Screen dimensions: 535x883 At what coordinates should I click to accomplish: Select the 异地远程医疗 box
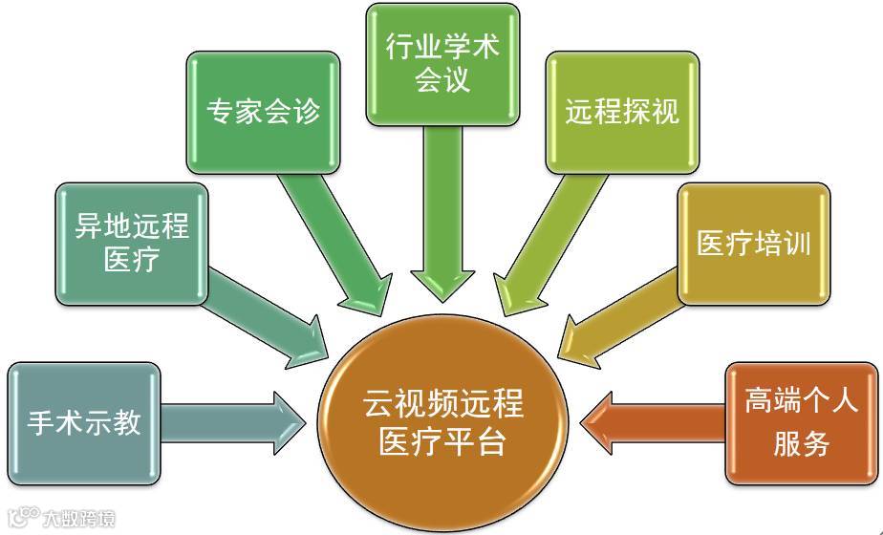pos(132,244)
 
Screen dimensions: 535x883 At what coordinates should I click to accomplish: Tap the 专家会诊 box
pos(263,111)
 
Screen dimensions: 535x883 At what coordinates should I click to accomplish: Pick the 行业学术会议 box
pos(442,63)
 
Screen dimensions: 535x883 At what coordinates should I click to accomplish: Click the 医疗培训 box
pos(753,244)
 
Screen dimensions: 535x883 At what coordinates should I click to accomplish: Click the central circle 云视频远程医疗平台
pos(443,422)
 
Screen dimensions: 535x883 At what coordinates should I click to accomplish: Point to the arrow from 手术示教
pos(225,422)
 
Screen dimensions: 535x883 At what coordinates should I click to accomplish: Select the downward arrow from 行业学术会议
pos(442,210)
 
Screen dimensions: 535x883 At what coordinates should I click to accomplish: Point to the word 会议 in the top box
pos(442,79)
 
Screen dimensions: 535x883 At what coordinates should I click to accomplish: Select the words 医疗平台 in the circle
pos(443,442)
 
